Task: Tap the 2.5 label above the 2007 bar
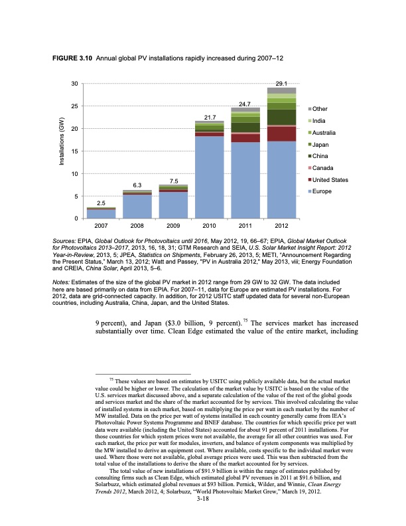101,202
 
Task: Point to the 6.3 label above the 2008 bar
137,185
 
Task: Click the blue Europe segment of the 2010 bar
209,177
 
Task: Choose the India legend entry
321,120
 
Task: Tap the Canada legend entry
324,167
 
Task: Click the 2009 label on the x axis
173,225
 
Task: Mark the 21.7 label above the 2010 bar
209,117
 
